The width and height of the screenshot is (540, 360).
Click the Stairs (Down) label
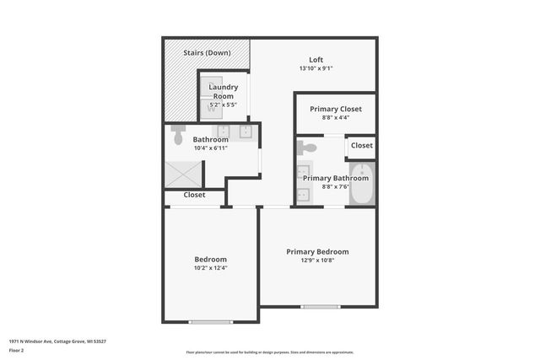coord(208,52)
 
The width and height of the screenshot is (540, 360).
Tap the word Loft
coord(316,59)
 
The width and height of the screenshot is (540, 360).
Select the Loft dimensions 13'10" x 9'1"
coord(316,68)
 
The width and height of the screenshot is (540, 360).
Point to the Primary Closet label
coord(336,109)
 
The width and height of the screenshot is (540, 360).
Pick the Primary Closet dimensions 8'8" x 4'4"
coord(336,118)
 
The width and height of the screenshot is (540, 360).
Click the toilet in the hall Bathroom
coord(178,135)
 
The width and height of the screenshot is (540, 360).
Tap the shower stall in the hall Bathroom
coord(184,175)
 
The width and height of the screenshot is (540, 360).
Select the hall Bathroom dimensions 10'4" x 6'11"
coord(211,148)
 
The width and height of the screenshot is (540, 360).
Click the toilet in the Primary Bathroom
coord(307,148)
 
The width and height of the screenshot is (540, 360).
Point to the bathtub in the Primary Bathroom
coord(362,184)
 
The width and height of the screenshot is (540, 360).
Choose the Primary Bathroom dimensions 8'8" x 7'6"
coord(336,187)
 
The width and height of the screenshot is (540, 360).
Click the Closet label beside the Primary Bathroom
coord(362,145)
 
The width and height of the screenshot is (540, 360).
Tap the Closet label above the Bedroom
coord(195,195)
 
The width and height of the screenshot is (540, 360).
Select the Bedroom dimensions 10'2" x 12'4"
coord(211,268)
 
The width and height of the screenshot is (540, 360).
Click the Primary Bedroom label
coord(317,251)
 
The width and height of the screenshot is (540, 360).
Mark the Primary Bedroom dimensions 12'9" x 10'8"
coord(317,261)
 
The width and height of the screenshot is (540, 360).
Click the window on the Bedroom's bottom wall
coord(210,321)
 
